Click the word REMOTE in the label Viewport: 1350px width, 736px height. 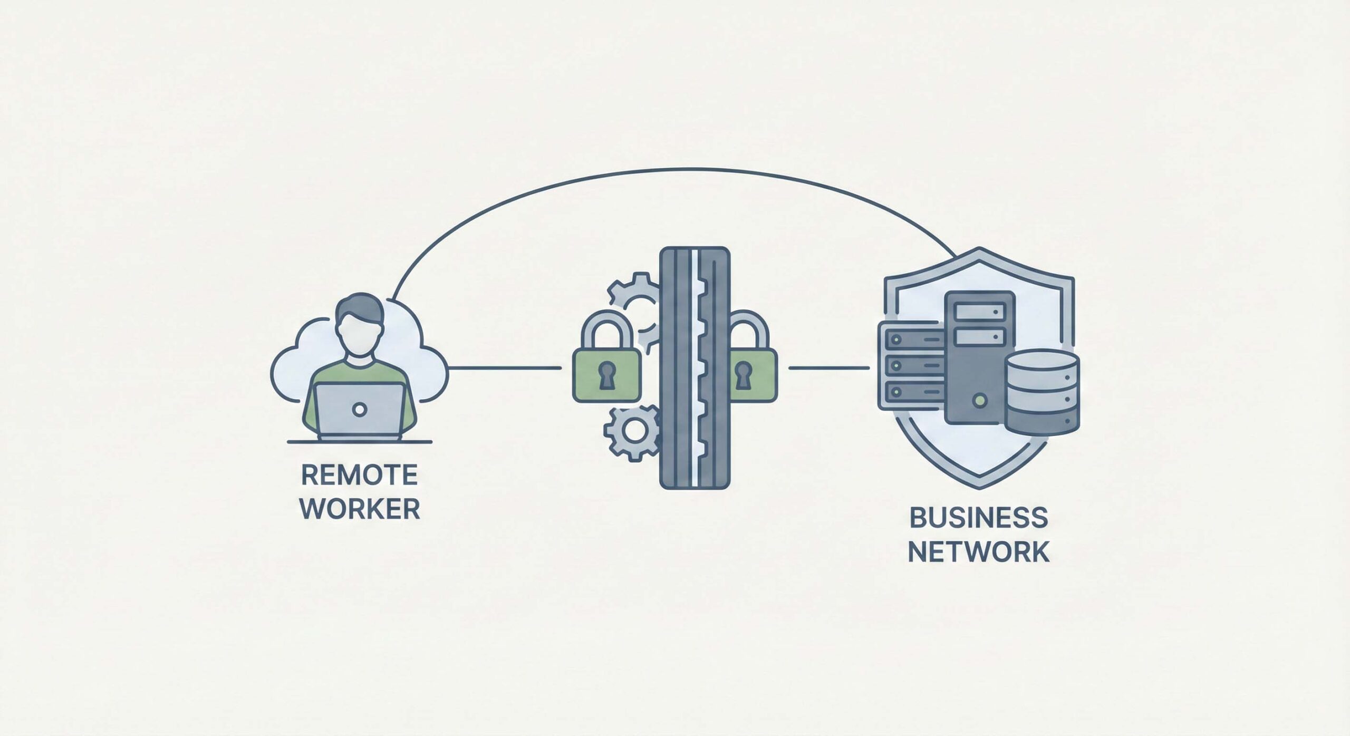pyautogui.click(x=359, y=475)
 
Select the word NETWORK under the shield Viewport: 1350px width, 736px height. pyautogui.click(x=979, y=551)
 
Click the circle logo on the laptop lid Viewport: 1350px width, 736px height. pyautogui.click(x=360, y=409)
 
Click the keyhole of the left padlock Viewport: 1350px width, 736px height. pyautogui.click(x=606, y=375)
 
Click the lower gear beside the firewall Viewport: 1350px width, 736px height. pyautogui.click(x=632, y=431)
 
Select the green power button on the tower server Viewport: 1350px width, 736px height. pyautogui.click(x=979, y=401)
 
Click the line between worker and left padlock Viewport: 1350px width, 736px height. pyautogui.click(x=504, y=367)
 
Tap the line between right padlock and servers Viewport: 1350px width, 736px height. pyautogui.click(x=828, y=367)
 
